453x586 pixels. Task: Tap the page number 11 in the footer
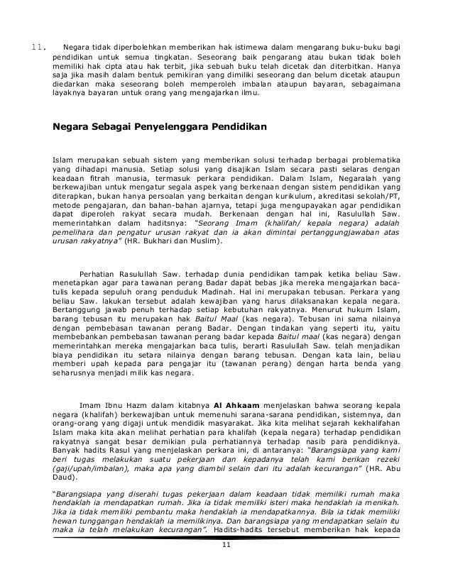[x=226, y=564]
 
